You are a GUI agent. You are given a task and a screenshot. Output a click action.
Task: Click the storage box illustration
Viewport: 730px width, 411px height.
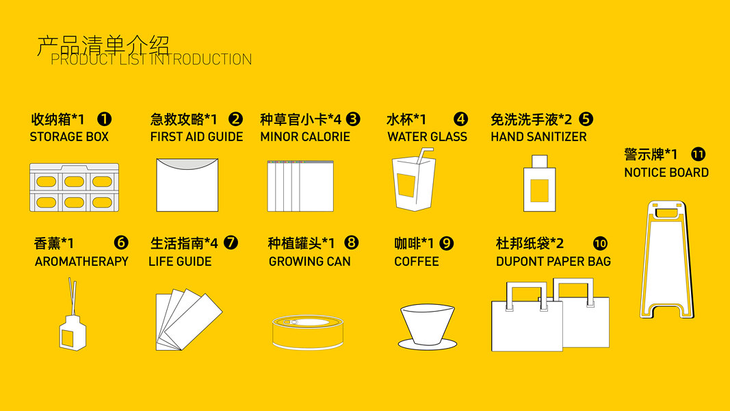click(x=74, y=187)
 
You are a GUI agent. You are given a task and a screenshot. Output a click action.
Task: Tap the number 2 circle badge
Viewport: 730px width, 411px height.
click(x=235, y=119)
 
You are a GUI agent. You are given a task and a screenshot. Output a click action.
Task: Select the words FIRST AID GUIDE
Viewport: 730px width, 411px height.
click(x=196, y=136)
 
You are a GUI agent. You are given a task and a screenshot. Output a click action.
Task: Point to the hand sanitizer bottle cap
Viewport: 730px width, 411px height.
click(x=540, y=161)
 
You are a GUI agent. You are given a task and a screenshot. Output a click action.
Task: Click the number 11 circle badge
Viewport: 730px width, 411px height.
click(x=698, y=154)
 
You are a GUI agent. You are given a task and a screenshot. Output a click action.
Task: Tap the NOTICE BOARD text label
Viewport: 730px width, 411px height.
click(x=666, y=173)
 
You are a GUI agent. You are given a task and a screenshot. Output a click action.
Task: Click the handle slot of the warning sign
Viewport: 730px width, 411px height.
click(x=667, y=214)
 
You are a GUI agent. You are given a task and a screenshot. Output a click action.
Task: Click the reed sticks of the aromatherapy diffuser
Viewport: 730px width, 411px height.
click(x=73, y=297)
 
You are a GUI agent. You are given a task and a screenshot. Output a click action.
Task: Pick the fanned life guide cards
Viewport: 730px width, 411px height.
click(x=189, y=319)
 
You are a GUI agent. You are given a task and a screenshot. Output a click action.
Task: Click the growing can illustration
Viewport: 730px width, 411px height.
click(x=308, y=332)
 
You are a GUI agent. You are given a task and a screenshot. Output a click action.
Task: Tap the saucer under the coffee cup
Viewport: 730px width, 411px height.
click(x=428, y=345)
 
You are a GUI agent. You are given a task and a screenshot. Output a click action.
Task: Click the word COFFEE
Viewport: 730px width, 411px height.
click(x=416, y=262)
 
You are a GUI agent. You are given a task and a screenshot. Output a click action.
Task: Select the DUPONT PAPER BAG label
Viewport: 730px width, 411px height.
click(x=553, y=262)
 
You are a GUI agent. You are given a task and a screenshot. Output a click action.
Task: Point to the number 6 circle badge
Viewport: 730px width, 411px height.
click(x=121, y=242)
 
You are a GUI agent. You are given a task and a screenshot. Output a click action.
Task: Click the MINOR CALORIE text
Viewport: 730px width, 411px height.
click(x=305, y=136)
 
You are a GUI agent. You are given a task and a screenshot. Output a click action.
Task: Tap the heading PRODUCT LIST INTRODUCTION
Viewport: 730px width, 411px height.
click(x=151, y=60)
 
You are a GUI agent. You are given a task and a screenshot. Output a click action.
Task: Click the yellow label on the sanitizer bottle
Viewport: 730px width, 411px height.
click(x=539, y=190)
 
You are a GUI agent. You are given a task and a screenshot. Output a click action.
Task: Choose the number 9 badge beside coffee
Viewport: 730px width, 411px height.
click(x=446, y=243)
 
